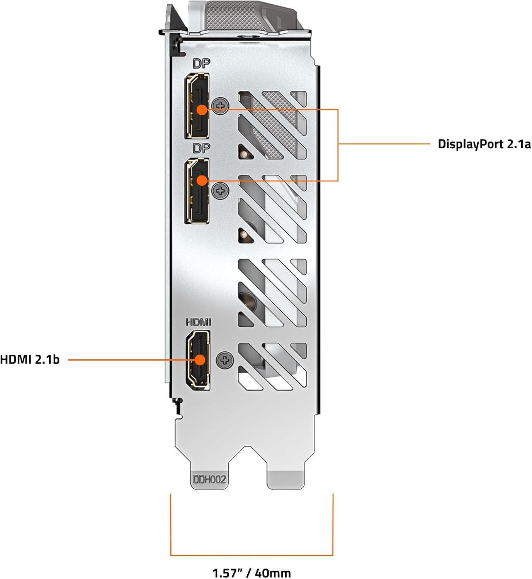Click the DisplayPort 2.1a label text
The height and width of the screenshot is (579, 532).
click(484, 144)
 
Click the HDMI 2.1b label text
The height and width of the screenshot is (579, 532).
click(30, 360)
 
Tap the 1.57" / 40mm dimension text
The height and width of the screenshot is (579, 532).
click(252, 573)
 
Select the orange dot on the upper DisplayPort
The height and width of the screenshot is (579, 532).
click(202, 110)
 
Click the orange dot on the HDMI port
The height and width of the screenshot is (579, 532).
click(200, 360)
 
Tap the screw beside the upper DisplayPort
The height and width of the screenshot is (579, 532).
click(221, 105)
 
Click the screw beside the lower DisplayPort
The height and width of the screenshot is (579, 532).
click(221, 191)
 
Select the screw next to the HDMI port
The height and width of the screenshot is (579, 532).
click(224, 360)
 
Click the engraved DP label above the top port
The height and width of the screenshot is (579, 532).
click(201, 64)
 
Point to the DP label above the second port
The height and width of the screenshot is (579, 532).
click(201, 148)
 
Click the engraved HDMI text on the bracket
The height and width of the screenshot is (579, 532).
click(198, 322)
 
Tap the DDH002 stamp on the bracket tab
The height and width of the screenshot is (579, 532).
click(209, 479)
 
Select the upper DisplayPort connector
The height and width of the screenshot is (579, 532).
click(197, 106)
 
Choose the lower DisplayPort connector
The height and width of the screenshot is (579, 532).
click(197, 191)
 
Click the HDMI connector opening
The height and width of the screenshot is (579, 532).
click(198, 360)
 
